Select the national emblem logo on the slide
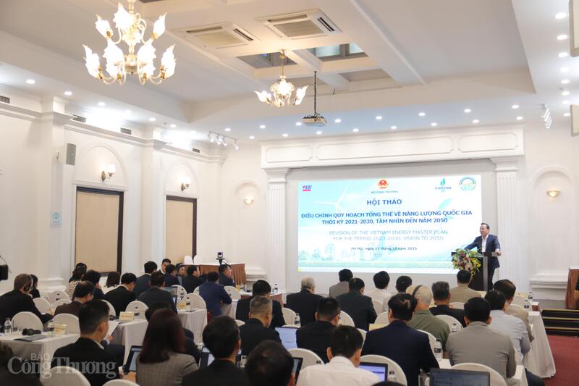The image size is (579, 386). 382,185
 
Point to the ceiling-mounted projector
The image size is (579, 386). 314,119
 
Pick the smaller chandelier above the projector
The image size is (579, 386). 282,92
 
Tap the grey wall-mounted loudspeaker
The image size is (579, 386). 70,154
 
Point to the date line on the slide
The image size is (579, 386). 388,248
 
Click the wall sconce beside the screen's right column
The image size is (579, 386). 553,193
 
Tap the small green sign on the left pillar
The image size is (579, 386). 56,219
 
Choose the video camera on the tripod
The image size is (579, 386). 219,256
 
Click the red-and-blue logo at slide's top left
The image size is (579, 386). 307,188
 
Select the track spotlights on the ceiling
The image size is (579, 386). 222,140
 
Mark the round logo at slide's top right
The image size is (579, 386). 467,184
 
